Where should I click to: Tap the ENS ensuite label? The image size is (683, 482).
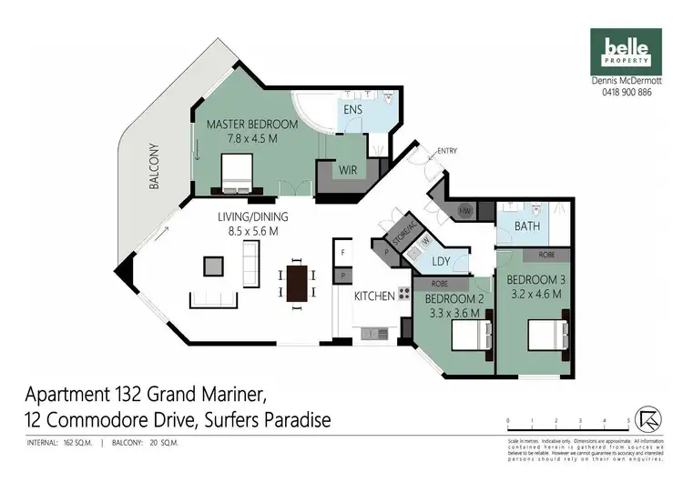353,110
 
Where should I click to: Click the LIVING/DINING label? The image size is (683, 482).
252,216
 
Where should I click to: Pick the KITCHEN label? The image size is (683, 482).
374,296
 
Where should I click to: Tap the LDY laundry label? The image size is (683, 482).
442,262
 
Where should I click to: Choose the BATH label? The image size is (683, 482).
528,226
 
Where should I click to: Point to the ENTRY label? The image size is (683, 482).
447,151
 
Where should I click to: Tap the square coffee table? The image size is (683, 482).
213,266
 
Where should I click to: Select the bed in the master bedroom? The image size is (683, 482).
236,172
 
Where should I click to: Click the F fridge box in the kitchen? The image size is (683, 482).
343,251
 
